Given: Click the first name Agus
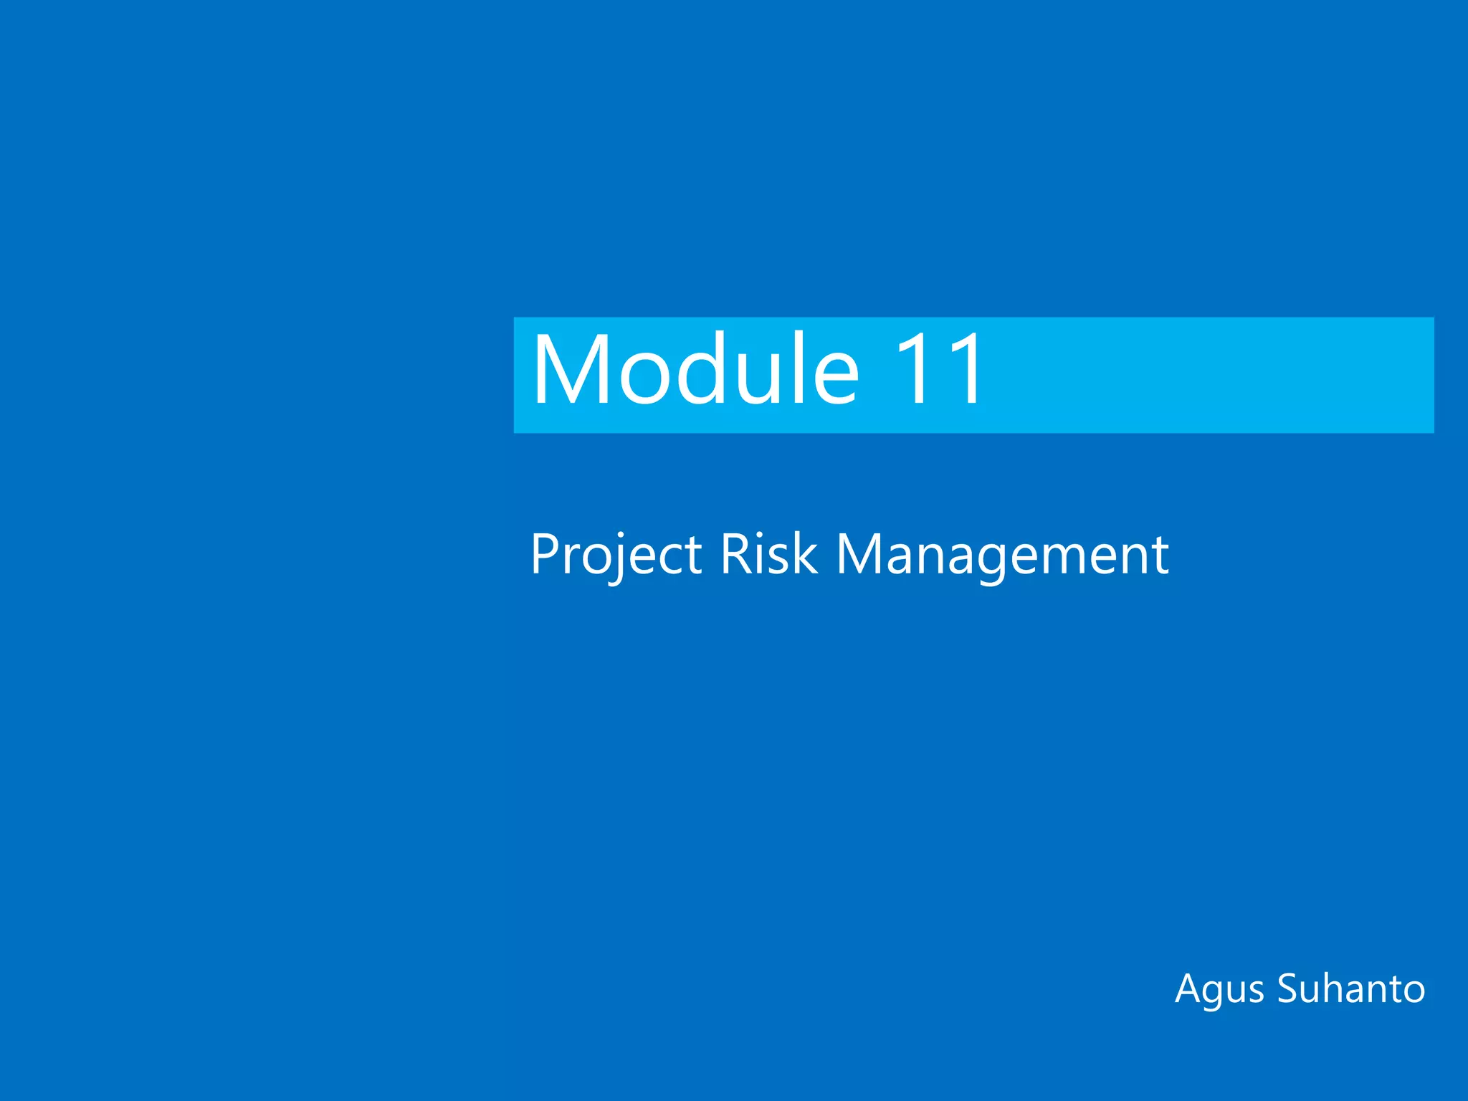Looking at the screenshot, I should pos(1221,990).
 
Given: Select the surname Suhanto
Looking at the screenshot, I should pos(1351,989).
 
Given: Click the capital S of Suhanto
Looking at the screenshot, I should pos(1290,989).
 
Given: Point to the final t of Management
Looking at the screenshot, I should pos(1162,556).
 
